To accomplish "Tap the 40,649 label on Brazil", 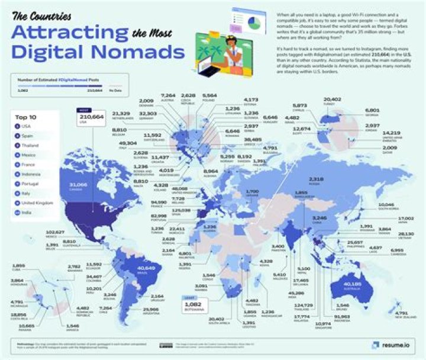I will tap(138, 269).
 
